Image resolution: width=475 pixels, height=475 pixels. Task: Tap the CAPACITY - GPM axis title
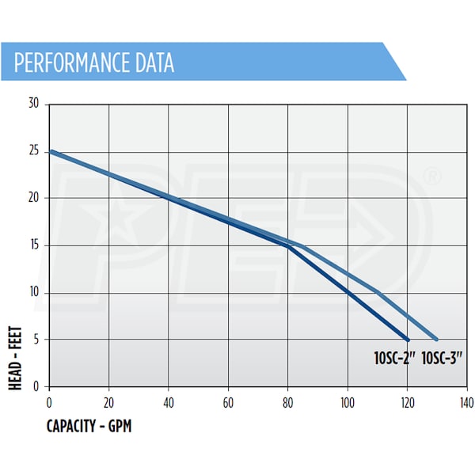click(x=89, y=427)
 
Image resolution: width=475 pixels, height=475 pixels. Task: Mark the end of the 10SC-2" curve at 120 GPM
click(x=408, y=340)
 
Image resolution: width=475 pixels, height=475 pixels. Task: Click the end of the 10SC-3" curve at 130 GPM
click(x=436, y=340)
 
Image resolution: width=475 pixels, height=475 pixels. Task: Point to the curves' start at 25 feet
click(x=50, y=150)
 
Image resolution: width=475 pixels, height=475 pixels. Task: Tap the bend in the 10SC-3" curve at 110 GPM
click(x=378, y=292)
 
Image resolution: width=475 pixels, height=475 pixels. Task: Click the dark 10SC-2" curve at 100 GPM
click(x=348, y=292)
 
